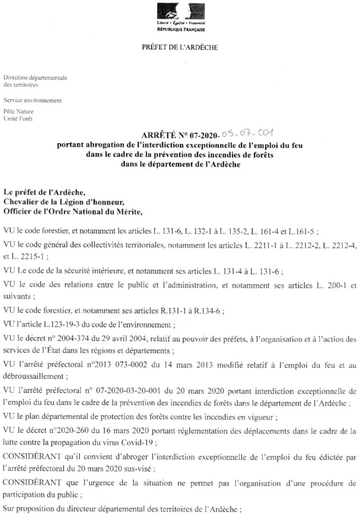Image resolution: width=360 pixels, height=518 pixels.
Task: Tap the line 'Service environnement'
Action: pos(32,100)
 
